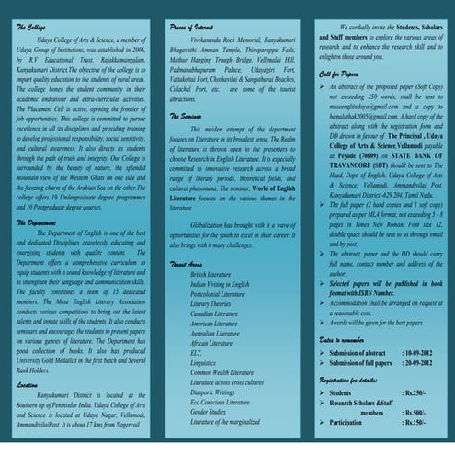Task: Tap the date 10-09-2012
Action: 421,354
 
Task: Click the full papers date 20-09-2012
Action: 421,366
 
